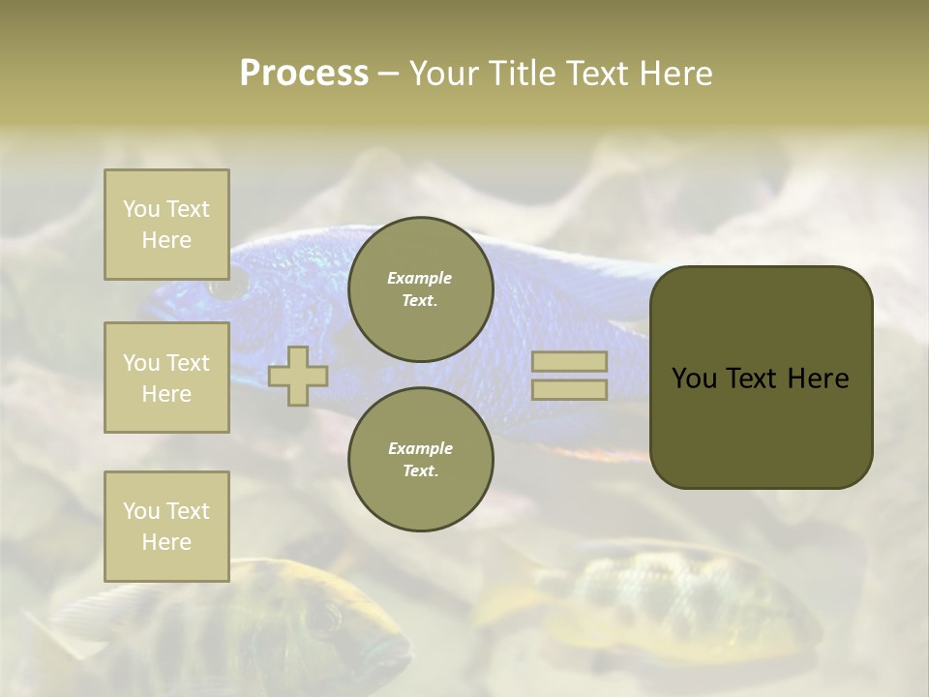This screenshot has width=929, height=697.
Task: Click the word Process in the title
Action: click(304, 74)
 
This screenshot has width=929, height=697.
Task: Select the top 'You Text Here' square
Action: click(166, 225)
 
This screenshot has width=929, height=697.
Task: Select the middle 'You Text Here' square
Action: click(166, 378)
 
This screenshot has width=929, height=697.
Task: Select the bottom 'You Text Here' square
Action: click(166, 526)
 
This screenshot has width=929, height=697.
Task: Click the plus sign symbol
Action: click(298, 376)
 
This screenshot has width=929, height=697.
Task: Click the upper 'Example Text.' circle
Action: click(421, 289)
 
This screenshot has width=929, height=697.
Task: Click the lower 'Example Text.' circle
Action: click(421, 460)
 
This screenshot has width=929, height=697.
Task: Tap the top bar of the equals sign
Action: click(569, 362)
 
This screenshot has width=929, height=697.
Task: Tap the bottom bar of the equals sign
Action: click(569, 390)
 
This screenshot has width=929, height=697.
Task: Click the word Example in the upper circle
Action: click(420, 278)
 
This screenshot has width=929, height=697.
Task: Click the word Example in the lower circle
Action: click(420, 448)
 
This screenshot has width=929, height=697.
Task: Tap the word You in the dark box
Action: click(694, 379)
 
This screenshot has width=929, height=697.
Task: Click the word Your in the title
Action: click(444, 74)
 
